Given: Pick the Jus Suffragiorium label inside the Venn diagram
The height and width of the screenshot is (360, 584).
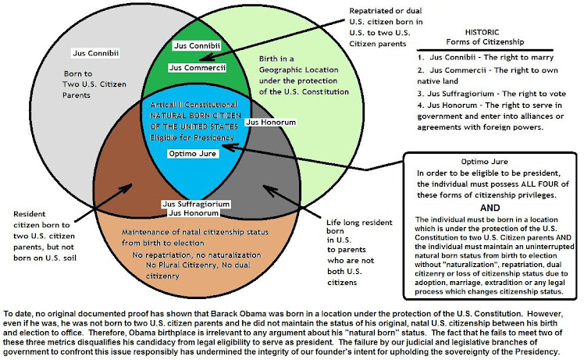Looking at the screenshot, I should (196, 204).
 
